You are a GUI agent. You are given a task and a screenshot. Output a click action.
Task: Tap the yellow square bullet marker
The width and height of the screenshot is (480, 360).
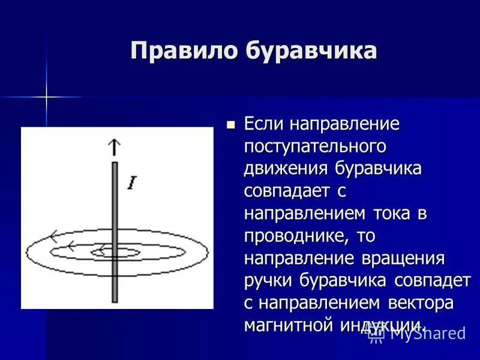pos(230,125)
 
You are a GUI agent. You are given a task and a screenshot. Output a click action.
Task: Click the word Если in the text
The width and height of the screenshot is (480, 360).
pos(264,125)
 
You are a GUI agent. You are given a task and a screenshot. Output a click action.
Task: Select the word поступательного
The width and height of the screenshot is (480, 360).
pos(314,147)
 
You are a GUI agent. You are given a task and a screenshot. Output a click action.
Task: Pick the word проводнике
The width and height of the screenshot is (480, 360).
pos(294,236)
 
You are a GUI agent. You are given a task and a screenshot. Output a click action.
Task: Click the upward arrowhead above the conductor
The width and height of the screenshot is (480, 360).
pos(113,146)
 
